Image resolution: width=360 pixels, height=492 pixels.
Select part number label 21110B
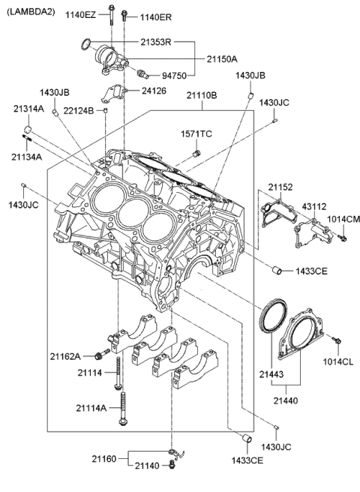click(x=202, y=96)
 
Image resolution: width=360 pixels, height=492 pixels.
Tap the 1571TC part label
click(x=196, y=134)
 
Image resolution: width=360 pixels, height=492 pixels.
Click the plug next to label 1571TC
click(x=197, y=153)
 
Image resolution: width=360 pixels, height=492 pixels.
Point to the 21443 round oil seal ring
click(x=272, y=314)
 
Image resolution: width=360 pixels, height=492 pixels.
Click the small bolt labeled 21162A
click(x=98, y=355)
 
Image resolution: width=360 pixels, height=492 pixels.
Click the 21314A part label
click(x=28, y=109)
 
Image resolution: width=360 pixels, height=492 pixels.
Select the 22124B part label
click(x=79, y=111)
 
